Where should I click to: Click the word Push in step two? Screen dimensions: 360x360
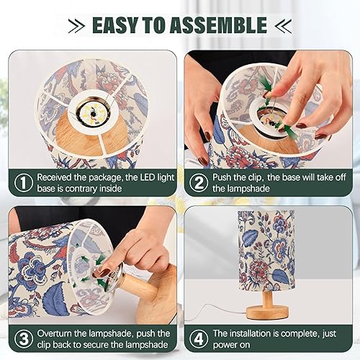[x=224, y=176]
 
